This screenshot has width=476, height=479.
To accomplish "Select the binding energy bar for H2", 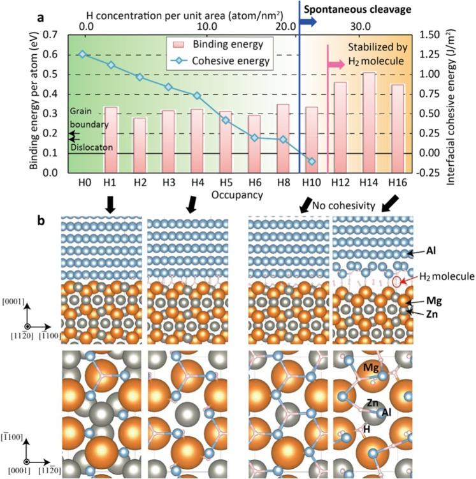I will click(139, 145).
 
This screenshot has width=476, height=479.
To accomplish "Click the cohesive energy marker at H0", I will click(82, 54).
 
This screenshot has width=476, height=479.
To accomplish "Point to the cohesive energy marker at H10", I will click(312, 161).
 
